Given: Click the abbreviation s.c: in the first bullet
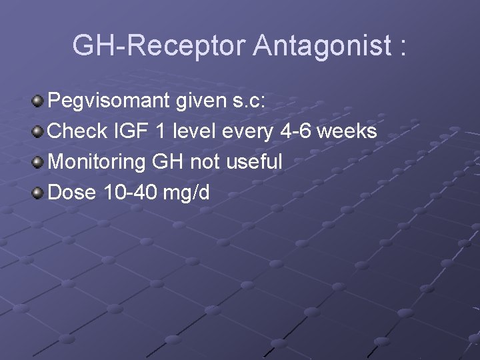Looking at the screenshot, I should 246,101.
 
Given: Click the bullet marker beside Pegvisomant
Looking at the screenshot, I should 39,101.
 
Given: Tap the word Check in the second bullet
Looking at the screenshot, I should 77,131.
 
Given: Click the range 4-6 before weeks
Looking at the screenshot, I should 294,131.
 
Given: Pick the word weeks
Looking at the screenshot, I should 347,131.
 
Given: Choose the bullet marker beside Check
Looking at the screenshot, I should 39,132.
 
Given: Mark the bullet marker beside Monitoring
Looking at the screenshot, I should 39,163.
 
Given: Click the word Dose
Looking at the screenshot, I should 74,193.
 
